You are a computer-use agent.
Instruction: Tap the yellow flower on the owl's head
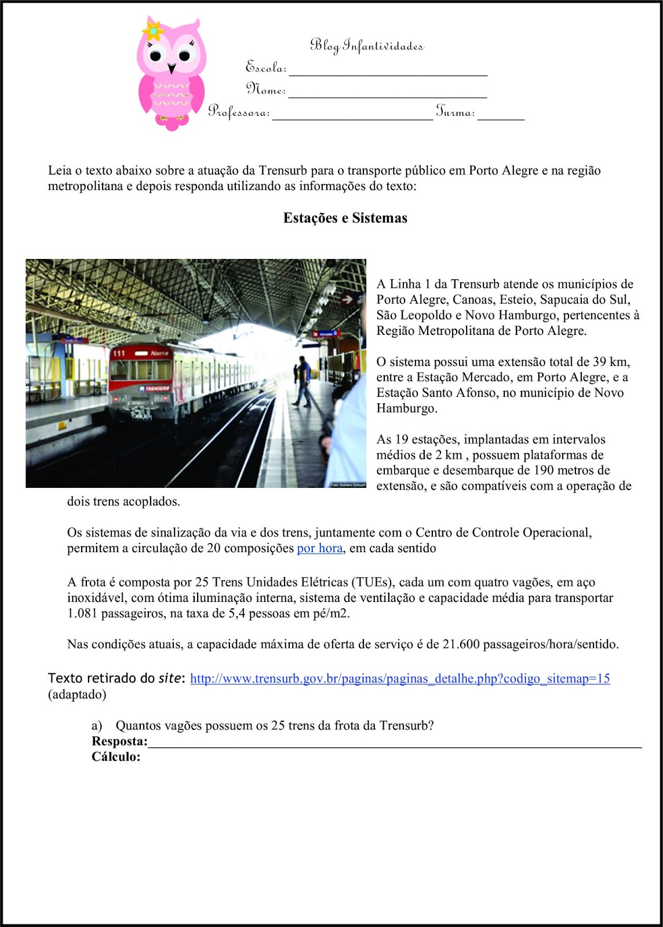click(154, 30)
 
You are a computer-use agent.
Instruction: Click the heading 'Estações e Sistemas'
click(345, 218)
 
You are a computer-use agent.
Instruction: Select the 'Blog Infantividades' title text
click(366, 45)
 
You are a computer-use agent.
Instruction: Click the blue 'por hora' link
click(319, 548)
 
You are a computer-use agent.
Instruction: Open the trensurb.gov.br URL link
click(400, 678)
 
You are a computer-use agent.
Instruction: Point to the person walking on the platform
click(302, 381)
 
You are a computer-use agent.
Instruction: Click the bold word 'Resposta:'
click(119, 742)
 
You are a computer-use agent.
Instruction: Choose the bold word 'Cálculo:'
click(116, 757)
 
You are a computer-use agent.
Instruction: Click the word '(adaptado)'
click(77, 694)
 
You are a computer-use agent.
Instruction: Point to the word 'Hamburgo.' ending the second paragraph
click(407, 408)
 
